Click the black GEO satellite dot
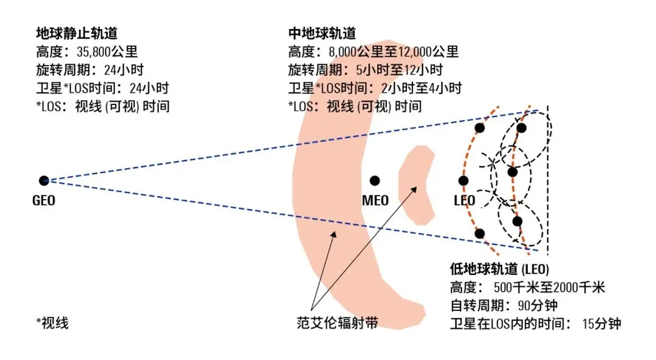(x=44, y=180)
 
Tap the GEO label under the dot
(x=44, y=199)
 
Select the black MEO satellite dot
(x=375, y=180)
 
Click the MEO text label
(x=375, y=200)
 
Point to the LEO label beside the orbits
(x=464, y=200)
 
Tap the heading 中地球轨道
(x=322, y=33)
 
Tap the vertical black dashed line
(x=548, y=182)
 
